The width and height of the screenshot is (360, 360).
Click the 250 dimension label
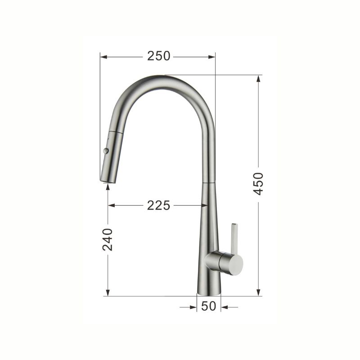159,56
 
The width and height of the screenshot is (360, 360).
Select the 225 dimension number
159,205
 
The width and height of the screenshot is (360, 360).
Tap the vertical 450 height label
258,184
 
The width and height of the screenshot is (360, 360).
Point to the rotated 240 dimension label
108,239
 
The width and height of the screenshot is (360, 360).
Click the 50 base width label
209,306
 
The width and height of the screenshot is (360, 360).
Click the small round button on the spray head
106,151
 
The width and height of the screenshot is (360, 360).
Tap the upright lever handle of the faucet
234,239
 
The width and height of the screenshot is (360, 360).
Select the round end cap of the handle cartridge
236,264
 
